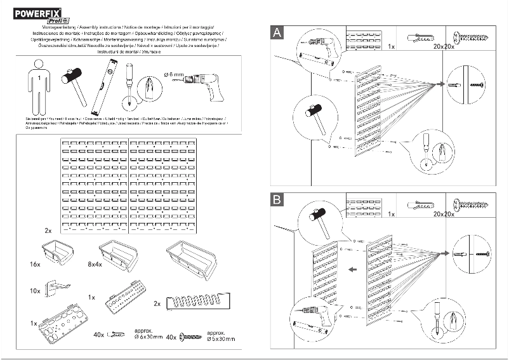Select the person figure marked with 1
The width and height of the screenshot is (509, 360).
pyautogui.click(x=38, y=86)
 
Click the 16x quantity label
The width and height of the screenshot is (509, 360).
pyautogui.click(x=34, y=262)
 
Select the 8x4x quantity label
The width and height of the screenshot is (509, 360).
pyautogui.click(x=95, y=263)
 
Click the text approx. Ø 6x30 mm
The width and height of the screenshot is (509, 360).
pyautogui.click(x=149, y=335)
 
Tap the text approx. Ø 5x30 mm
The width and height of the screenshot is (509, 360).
pyautogui.click(x=219, y=335)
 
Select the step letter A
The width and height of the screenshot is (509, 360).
pyautogui.click(x=277, y=33)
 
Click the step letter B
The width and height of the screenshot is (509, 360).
pyautogui.click(x=277, y=200)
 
